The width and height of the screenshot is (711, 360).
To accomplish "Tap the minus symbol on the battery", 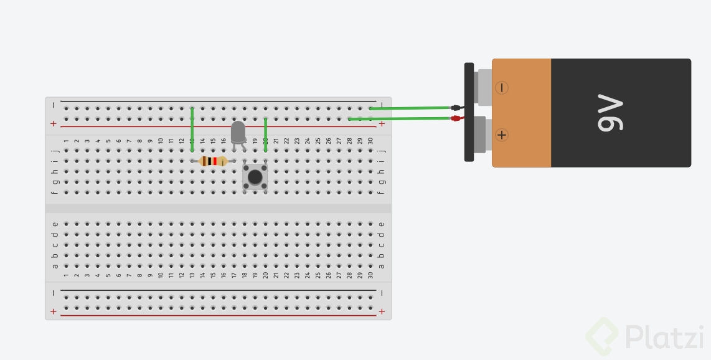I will click(501, 88).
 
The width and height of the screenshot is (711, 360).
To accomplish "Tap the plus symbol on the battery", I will click(501, 135).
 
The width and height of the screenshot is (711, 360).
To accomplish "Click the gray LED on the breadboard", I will click(238, 133).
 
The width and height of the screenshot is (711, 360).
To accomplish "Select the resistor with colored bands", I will click(213, 161).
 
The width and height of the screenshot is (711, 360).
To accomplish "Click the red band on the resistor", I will click(215, 161).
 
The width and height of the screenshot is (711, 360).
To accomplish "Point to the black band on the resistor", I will click(209, 161).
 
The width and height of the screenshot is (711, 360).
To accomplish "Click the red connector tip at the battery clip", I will click(456, 118).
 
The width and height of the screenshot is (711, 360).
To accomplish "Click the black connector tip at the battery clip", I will click(456, 108).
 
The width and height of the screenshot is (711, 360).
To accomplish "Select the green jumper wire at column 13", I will click(192, 130).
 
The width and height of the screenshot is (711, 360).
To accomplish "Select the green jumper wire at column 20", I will click(266, 134).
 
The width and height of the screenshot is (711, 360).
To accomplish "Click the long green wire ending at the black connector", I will click(411, 108).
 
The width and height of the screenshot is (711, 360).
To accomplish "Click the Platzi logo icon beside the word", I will click(601, 337).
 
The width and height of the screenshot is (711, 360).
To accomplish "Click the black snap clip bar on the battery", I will click(469, 112).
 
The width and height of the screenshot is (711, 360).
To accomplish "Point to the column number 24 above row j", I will click(308, 141).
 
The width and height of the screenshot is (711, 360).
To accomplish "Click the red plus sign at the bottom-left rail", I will click(53, 311).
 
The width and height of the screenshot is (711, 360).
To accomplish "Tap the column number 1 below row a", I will click(66, 275).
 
